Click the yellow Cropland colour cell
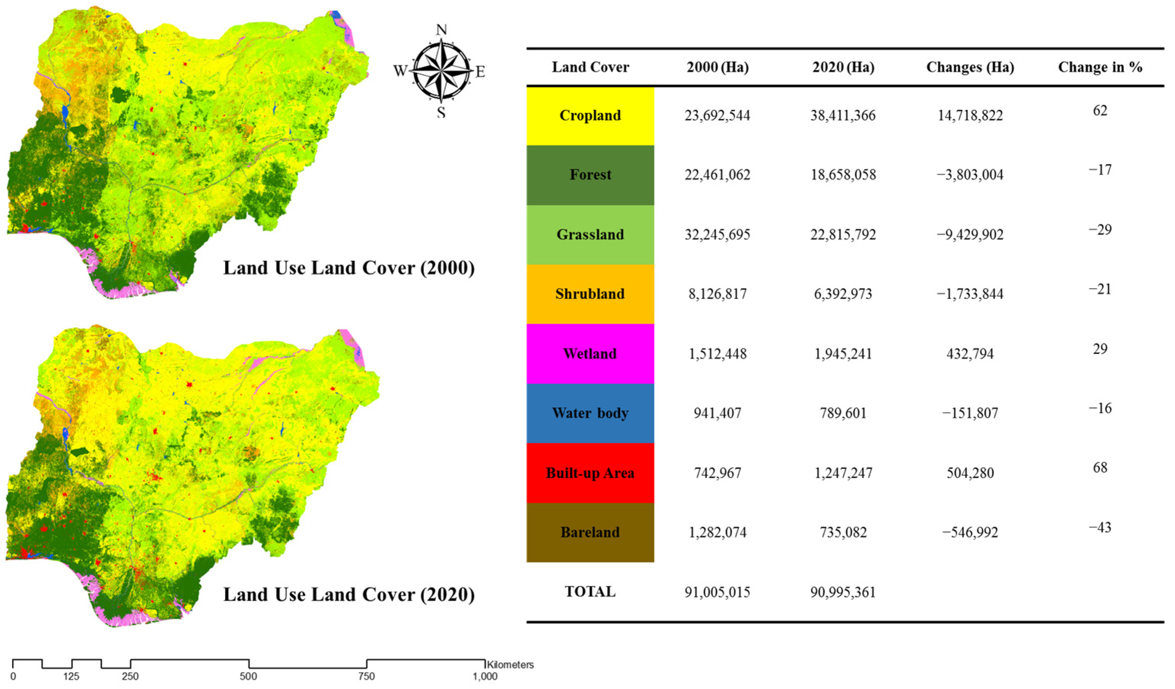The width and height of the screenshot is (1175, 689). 590,115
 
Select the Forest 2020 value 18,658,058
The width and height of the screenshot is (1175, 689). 843,175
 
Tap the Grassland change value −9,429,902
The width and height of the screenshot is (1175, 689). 970,234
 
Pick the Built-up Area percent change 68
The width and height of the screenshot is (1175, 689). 1100,468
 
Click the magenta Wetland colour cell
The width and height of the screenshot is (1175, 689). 590,353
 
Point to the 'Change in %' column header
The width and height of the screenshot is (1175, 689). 1100,67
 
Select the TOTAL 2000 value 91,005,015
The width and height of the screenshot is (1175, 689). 717,592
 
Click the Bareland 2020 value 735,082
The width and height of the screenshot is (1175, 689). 843,532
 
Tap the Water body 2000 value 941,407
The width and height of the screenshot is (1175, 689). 717,413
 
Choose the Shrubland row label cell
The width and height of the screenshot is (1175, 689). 590,294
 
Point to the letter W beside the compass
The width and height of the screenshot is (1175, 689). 400,71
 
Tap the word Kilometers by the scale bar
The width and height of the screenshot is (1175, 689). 510,665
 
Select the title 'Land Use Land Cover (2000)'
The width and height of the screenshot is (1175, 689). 349,268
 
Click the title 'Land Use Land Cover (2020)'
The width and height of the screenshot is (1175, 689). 349,594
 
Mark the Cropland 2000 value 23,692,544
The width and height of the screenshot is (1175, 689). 717,115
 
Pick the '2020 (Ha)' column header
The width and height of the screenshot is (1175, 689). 843,67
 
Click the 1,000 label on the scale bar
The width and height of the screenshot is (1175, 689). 485,677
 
